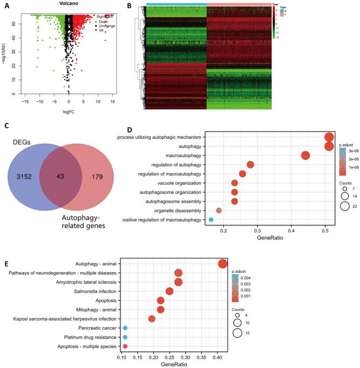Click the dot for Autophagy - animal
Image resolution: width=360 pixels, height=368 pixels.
(x=223, y=263)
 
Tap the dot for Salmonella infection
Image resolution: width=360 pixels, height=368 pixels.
(x=170, y=291)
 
